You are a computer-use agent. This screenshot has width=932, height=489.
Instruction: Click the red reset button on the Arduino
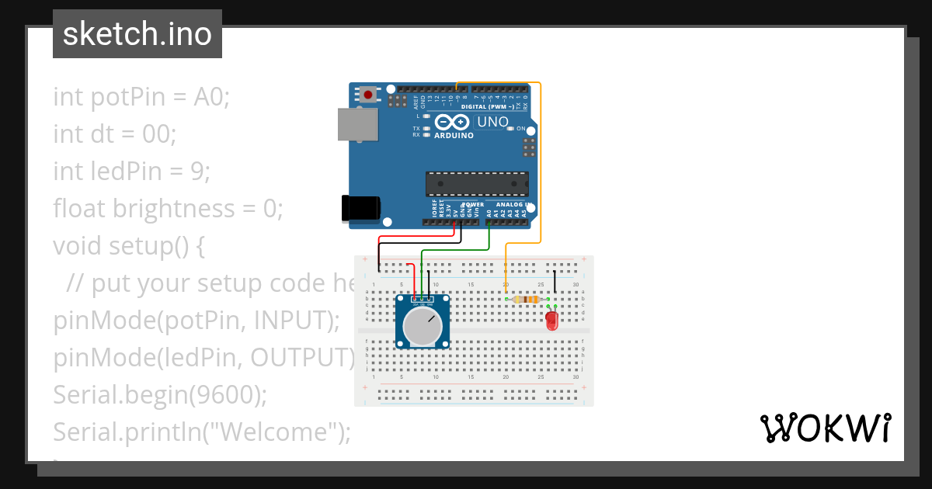367,95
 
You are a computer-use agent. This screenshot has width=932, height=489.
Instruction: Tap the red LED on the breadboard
552,320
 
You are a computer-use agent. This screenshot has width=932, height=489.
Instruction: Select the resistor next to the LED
528,300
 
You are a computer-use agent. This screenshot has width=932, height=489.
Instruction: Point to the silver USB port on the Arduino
356,126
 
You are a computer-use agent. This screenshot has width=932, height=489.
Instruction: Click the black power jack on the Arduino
360,208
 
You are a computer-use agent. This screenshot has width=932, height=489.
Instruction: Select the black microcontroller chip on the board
477,183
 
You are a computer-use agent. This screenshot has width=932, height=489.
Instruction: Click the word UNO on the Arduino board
492,122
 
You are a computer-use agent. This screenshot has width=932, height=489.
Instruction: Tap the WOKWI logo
825,428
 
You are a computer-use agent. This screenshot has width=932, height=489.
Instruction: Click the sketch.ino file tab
137,34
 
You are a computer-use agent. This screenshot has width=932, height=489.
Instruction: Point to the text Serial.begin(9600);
160,395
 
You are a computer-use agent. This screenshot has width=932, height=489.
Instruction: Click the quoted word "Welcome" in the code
273,432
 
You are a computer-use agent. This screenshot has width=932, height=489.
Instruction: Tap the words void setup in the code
120,246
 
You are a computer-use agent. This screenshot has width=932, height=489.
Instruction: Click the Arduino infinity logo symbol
452,122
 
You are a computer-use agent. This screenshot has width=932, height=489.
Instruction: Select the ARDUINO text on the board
454,136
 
